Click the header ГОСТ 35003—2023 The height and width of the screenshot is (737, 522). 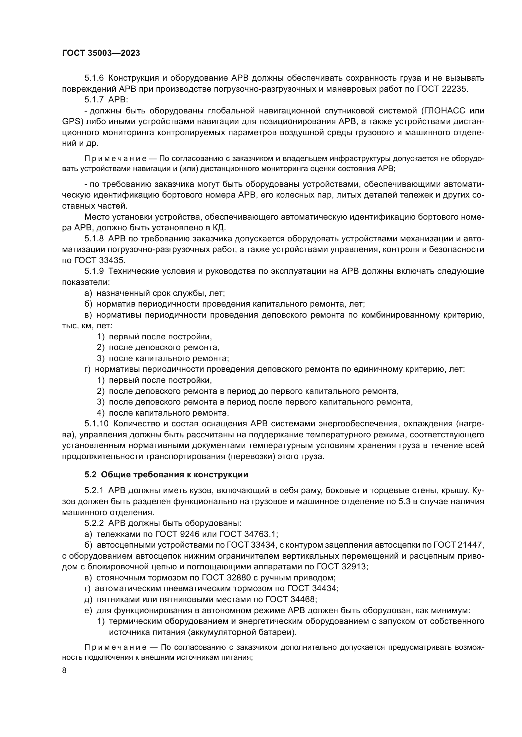click(x=101, y=53)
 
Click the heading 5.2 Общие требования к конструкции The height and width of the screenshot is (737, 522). click(x=166, y=475)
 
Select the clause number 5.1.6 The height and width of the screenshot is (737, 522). click(x=94, y=78)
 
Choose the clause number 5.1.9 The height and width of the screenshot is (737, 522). click(x=94, y=271)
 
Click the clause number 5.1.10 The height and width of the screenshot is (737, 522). click(x=97, y=424)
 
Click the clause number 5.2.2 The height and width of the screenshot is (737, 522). click(x=94, y=523)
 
